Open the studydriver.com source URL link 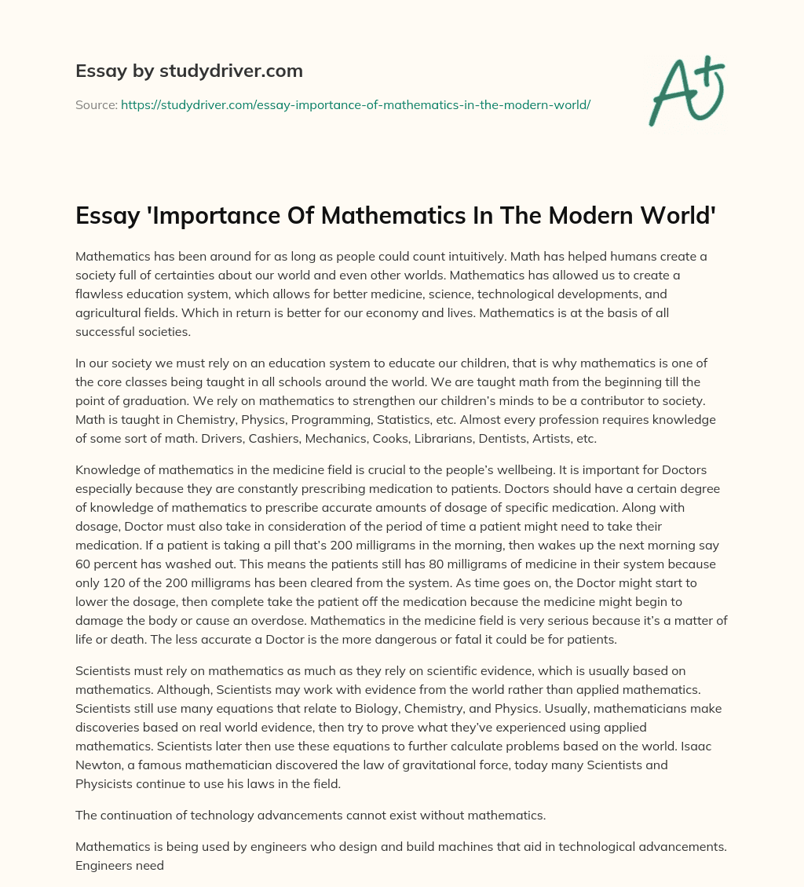point(355,104)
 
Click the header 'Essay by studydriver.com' point(189,71)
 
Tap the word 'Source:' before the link point(96,104)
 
